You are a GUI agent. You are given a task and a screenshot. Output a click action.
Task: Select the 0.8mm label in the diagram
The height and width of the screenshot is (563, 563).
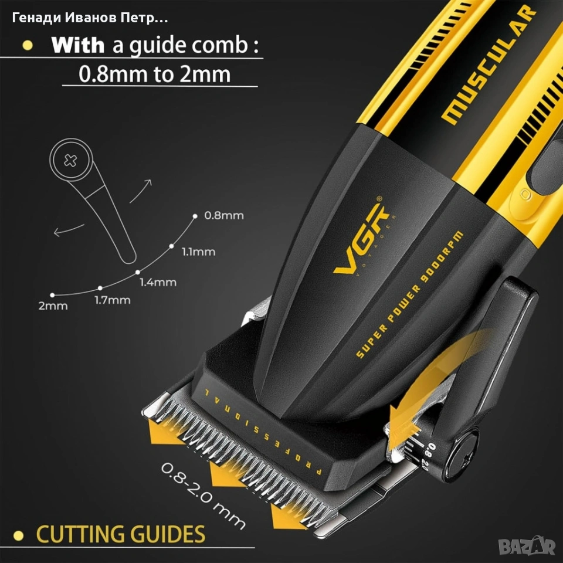pos(223,216)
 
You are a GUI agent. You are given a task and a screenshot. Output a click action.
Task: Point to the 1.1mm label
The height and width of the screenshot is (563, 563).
pos(198,252)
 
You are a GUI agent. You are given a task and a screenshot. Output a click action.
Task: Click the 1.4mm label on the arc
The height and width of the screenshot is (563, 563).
pos(158,282)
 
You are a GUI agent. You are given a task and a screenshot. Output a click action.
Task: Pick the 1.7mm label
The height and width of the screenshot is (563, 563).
pos(113,300)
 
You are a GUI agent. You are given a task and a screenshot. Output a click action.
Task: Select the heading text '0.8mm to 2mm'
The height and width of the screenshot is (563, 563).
pos(155,74)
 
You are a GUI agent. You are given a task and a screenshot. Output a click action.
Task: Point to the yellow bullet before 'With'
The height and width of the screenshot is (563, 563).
pos(26,46)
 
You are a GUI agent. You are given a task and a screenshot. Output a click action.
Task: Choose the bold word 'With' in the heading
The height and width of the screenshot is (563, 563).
pos(77,45)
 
